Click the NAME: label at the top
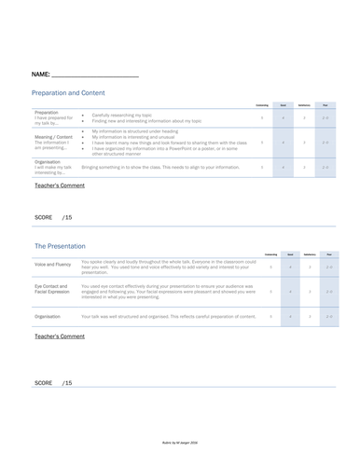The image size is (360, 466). point(41,73)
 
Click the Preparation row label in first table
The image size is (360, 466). point(52,116)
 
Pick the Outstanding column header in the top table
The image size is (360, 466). point(262,105)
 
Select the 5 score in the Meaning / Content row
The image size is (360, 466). point(262,143)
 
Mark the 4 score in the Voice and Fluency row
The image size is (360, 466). point(290,267)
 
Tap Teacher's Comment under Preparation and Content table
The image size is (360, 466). point(59,186)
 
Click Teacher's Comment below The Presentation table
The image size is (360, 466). point(59,336)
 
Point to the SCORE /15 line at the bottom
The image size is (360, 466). point(53,383)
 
